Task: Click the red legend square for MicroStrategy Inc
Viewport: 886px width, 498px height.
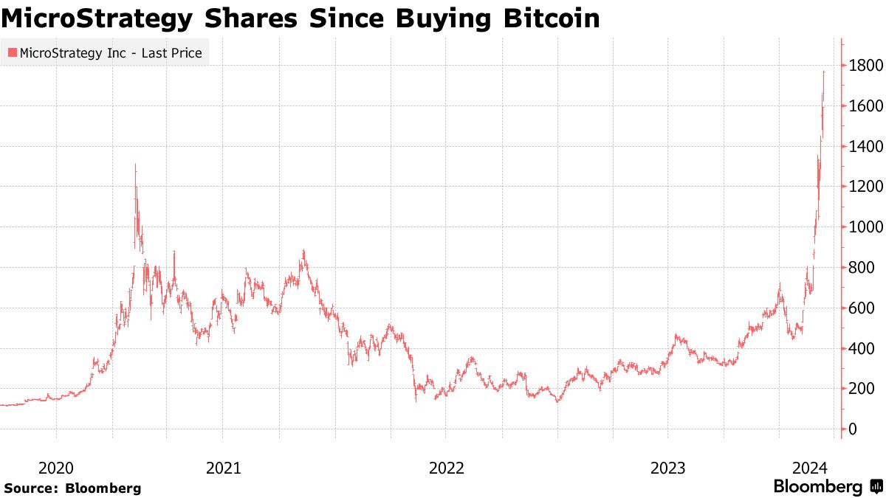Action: point(11,53)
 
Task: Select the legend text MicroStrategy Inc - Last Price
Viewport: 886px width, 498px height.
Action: point(111,53)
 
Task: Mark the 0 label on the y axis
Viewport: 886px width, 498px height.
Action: point(853,429)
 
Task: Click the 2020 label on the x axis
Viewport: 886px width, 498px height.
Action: point(55,468)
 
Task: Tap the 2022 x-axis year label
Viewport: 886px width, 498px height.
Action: point(446,468)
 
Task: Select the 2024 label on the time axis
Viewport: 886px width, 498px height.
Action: point(809,468)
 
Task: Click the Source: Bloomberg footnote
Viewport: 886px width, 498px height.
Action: point(72,488)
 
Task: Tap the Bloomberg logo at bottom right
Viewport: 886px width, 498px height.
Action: point(827,487)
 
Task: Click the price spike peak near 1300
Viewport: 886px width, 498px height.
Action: point(135,166)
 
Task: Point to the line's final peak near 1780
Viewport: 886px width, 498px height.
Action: point(824,72)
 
